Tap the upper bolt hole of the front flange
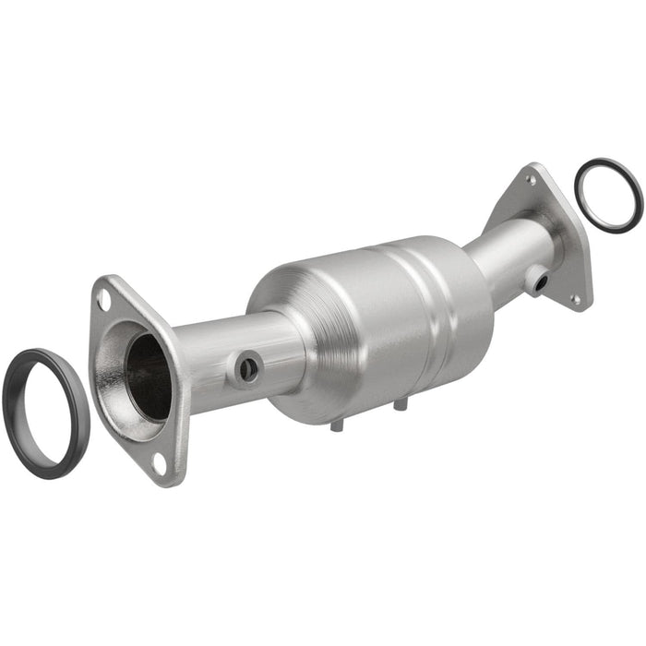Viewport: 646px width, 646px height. [104, 299]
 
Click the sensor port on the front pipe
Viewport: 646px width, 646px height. [248, 369]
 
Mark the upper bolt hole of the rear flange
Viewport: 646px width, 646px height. [531, 180]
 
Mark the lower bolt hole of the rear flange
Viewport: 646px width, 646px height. [576, 299]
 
